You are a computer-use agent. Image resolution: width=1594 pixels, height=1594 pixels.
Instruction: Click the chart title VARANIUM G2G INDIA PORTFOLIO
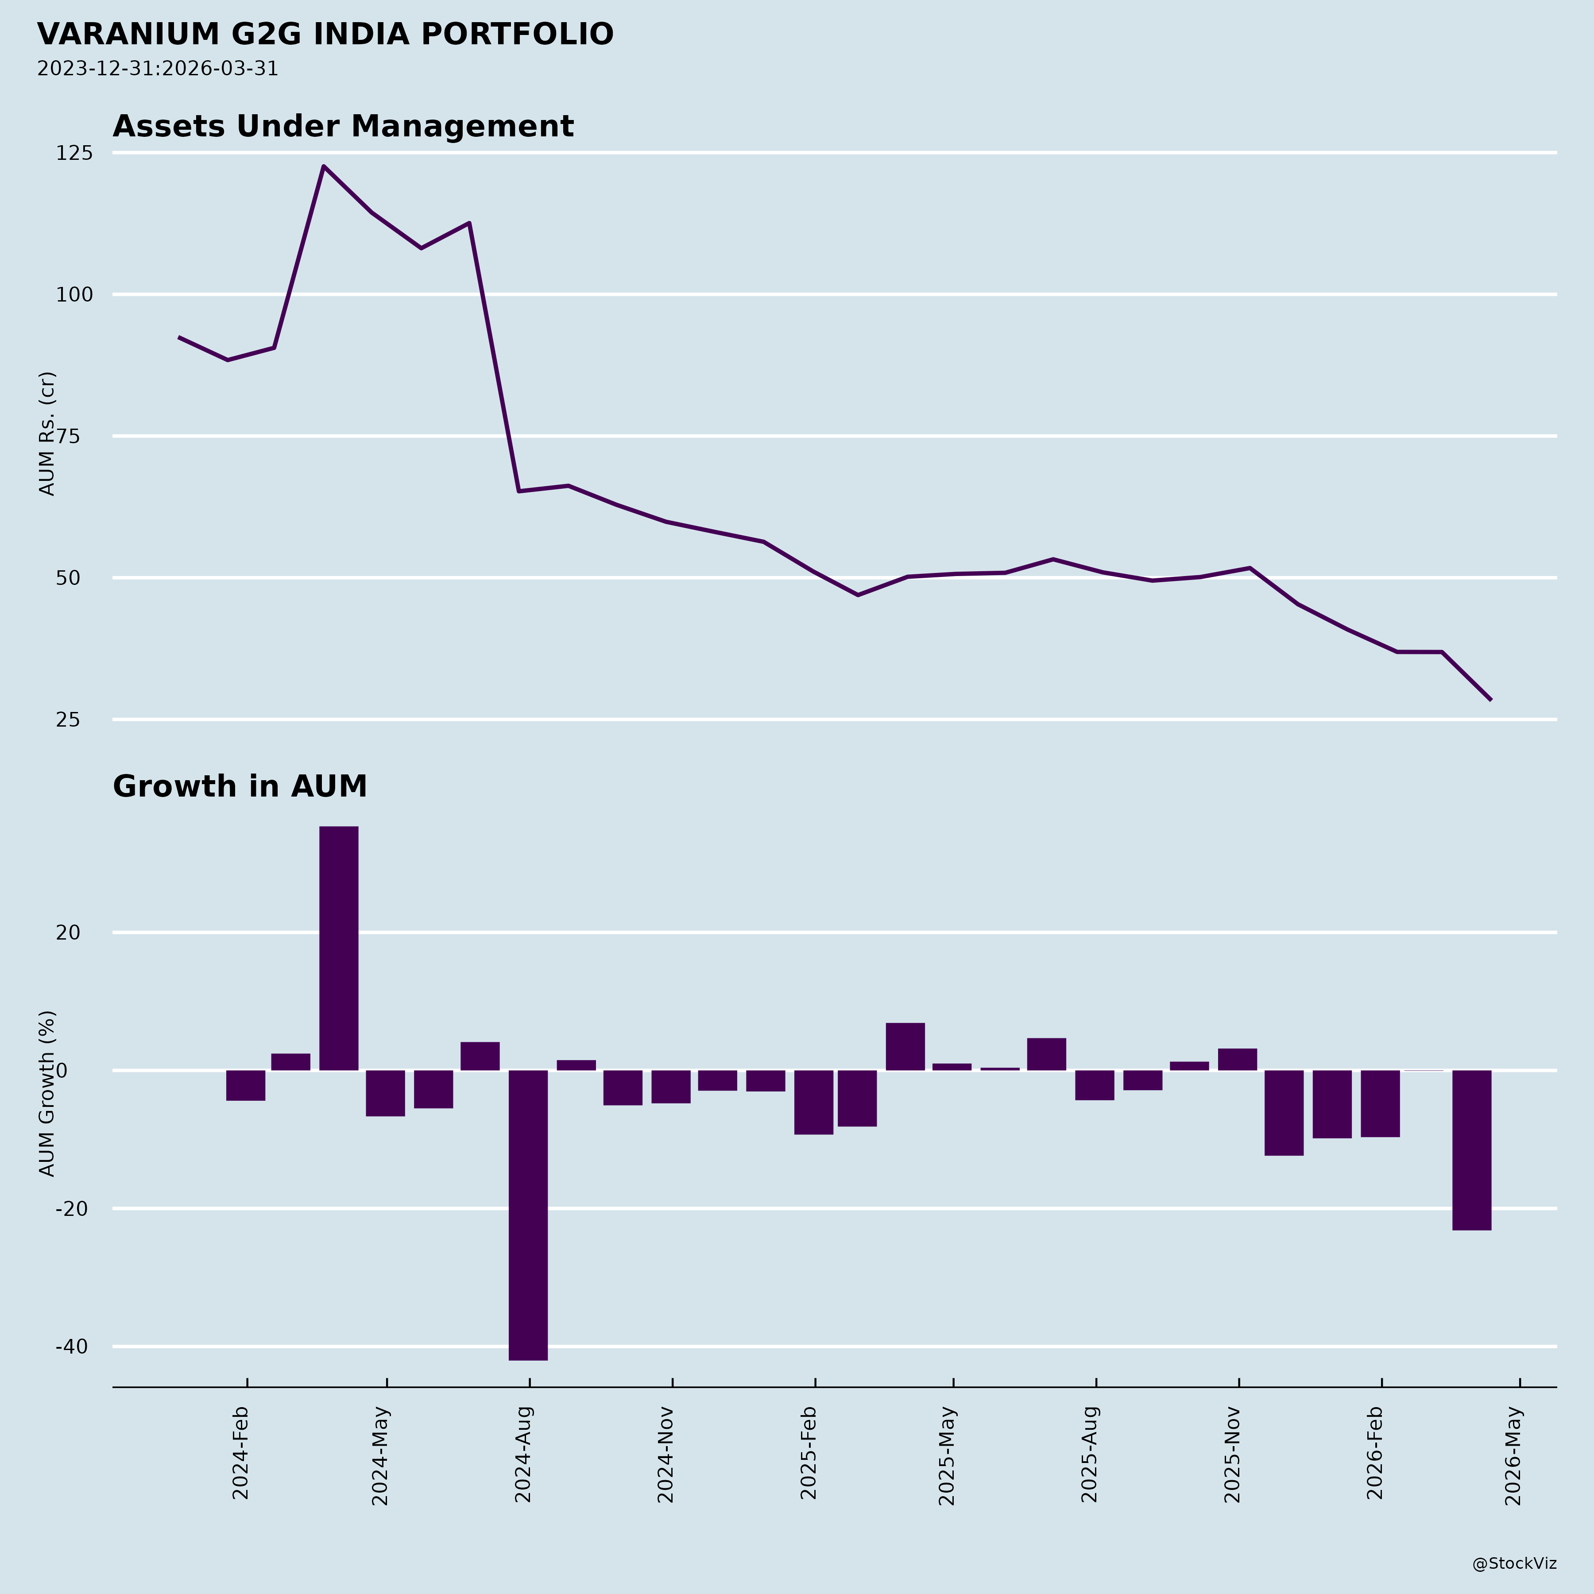pyautogui.click(x=325, y=35)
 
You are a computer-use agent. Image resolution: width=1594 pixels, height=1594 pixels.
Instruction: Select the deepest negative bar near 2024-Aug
pyautogui.click(x=528, y=1215)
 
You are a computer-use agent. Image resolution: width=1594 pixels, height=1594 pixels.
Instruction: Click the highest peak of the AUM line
pyautogui.click(x=323, y=166)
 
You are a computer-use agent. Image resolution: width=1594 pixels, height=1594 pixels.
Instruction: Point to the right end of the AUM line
pyautogui.click(x=1490, y=700)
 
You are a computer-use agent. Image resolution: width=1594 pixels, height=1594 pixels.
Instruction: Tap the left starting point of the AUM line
pyautogui.click(x=179, y=337)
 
